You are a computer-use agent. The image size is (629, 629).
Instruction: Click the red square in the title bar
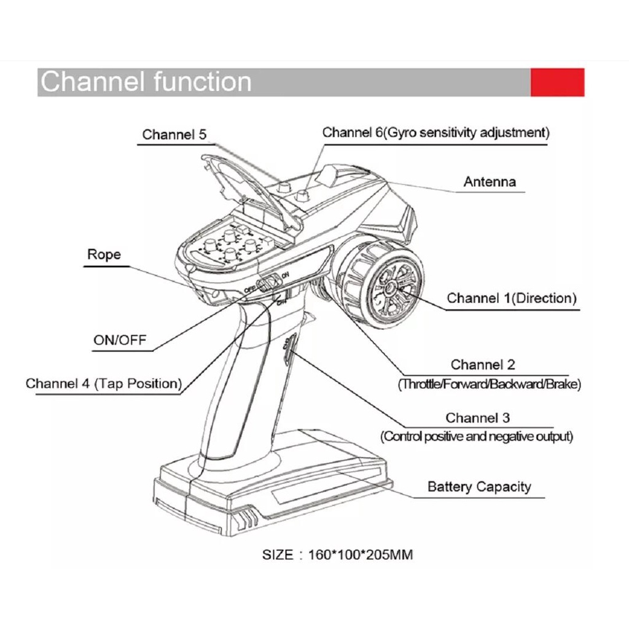pos(557,82)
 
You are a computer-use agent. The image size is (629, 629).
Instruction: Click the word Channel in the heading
pos(92,82)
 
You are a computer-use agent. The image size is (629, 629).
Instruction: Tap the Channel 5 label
pos(174,135)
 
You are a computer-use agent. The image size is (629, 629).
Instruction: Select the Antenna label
pos(490,182)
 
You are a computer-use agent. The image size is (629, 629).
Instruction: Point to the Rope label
pos(104,255)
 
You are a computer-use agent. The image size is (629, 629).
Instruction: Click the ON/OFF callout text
pos(120,340)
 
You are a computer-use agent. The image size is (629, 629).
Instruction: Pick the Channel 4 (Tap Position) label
pos(104,383)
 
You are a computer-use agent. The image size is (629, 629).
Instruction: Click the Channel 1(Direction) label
pos(512,298)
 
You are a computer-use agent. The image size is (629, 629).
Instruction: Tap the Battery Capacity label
pos(479,486)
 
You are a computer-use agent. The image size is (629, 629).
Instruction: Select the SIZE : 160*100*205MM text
pos(337,555)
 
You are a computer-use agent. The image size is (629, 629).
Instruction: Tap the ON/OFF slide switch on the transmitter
pos(268,283)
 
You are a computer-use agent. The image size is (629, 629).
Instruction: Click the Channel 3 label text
pos(477,418)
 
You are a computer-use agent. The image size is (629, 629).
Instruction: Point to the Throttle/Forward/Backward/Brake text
pos(490,385)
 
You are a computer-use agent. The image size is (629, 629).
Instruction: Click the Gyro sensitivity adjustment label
pos(466,133)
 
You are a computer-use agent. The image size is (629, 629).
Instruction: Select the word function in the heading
pos(203,82)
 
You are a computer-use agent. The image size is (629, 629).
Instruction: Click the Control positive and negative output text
pos(477,437)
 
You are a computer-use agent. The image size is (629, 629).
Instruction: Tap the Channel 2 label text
pos(483,365)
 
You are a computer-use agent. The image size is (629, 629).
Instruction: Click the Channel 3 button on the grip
pos(289,349)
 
